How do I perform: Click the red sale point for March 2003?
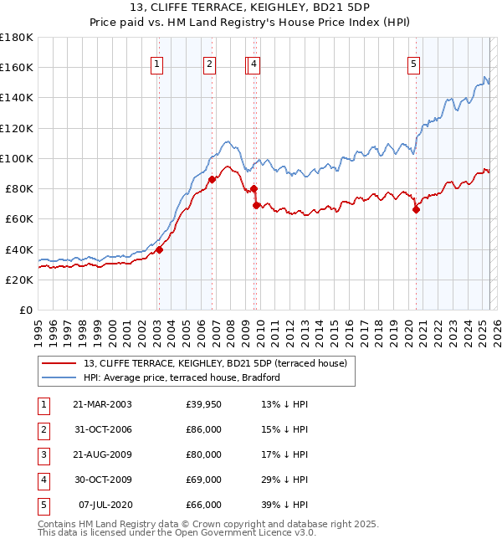[x=159, y=249]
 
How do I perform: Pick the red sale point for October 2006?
[x=212, y=179]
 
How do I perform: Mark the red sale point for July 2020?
[x=416, y=210]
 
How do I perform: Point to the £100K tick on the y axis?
[x=17, y=158]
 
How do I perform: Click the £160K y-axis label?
[x=17, y=67]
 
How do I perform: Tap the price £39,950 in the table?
[x=204, y=405]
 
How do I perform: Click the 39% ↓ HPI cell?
[x=284, y=506]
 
